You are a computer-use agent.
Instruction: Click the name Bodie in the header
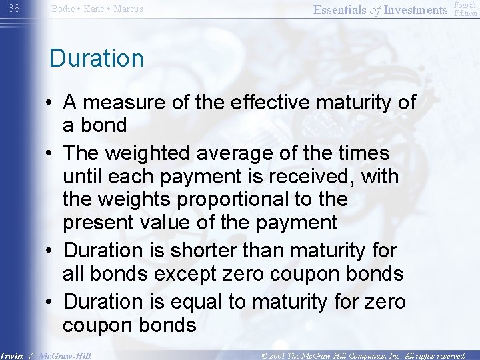[63, 9]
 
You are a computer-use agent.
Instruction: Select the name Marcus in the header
[129, 9]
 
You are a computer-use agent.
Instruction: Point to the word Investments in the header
[416, 9]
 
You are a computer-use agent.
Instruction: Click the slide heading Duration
[97, 59]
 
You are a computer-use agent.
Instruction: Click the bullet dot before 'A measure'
[51, 103]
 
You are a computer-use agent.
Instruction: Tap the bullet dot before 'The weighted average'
[51, 154]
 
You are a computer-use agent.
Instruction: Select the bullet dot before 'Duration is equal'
[51, 303]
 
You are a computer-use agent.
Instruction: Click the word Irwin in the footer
[11, 356]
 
